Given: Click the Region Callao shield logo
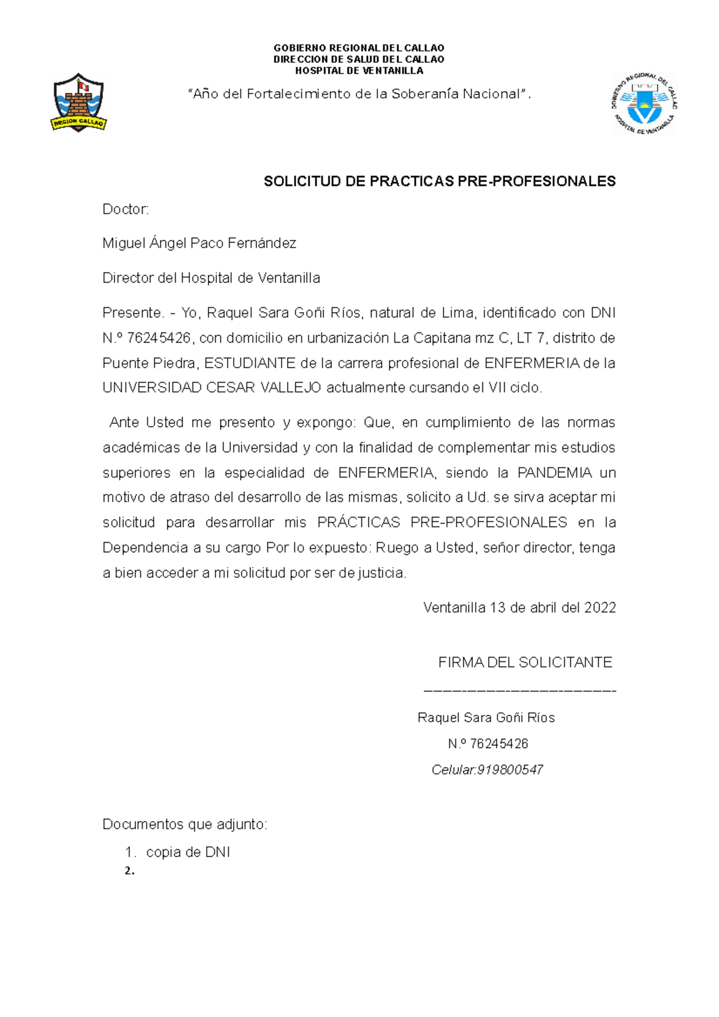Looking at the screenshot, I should (x=78, y=102).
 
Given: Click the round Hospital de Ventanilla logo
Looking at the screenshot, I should (x=645, y=104).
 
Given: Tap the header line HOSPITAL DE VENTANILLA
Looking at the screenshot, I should (x=359, y=71).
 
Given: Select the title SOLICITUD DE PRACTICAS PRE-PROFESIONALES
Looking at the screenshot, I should (x=439, y=181).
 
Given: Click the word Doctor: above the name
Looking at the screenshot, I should (x=125, y=209).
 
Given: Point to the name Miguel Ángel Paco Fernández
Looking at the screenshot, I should (x=199, y=243).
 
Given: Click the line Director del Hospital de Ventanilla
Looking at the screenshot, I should (x=211, y=278).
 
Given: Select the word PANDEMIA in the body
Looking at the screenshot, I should (x=554, y=473).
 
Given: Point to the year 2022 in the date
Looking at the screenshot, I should (x=600, y=608).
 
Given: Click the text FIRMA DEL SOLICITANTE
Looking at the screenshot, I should (x=525, y=662).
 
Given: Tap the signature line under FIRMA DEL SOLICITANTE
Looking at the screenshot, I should (x=519, y=691).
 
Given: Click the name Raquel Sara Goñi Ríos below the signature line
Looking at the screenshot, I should (x=486, y=718).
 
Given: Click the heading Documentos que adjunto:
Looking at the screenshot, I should (x=185, y=825).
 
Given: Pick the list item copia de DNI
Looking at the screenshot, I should (x=188, y=852).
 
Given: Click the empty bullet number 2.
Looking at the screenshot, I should (x=129, y=871).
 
